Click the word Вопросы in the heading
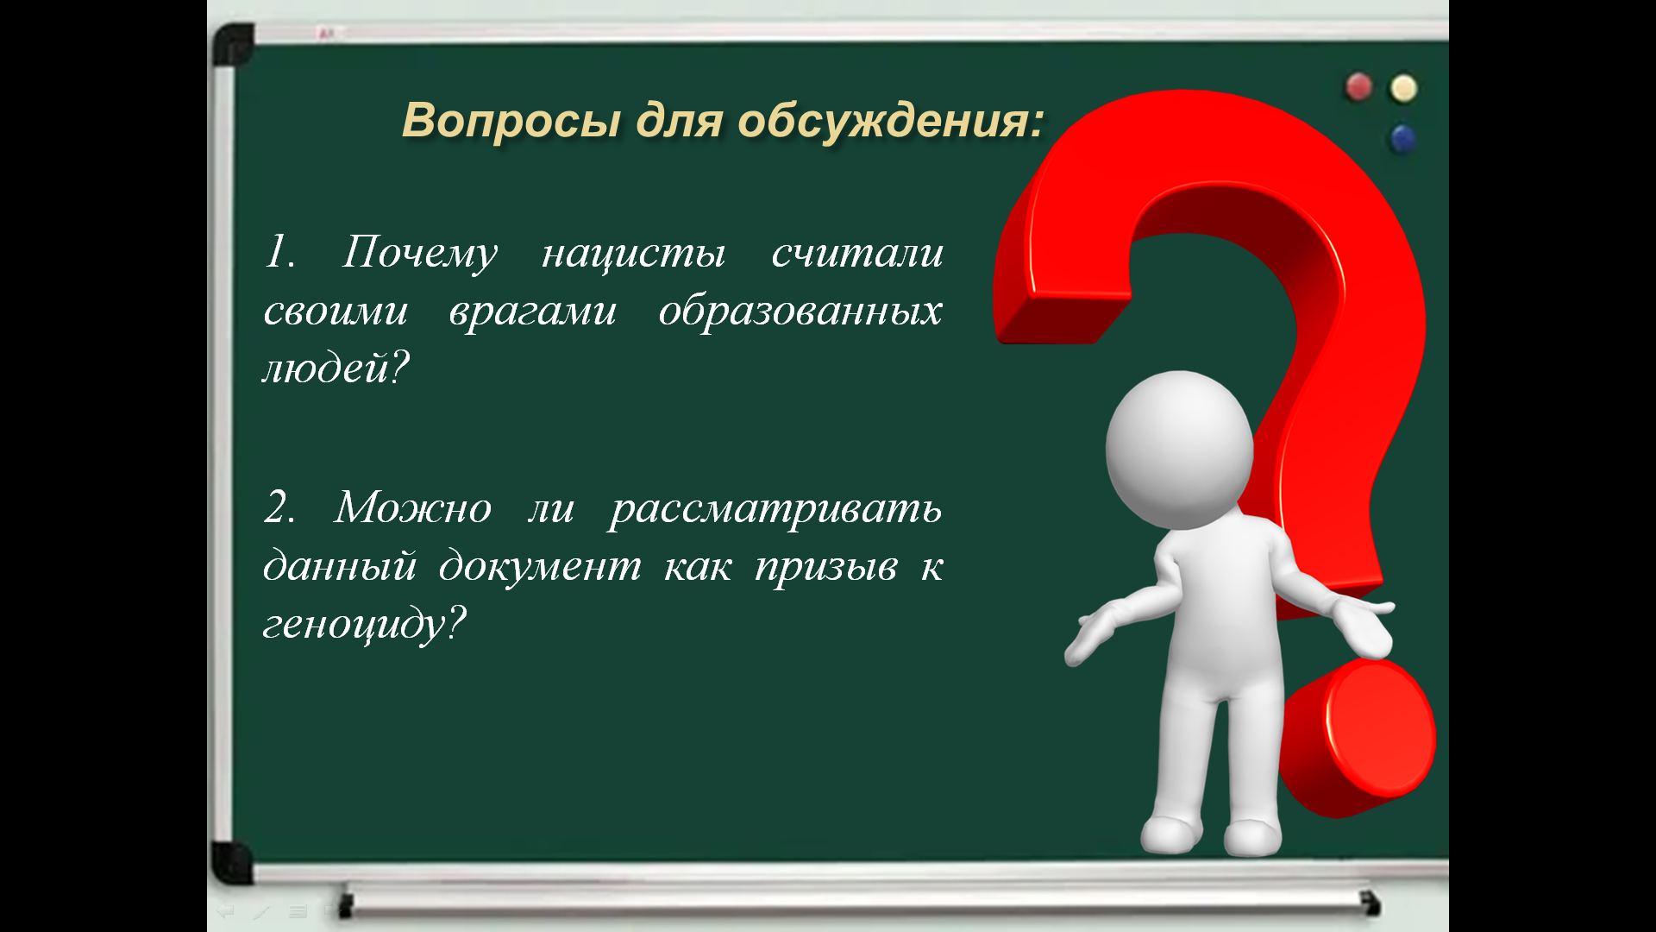click(x=511, y=120)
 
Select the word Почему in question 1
click(x=419, y=254)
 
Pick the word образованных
click(x=800, y=311)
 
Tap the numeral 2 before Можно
click(x=277, y=507)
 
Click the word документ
click(x=540, y=566)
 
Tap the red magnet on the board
click(x=1359, y=87)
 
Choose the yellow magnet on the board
click(x=1403, y=88)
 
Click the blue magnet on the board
click(x=1403, y=138)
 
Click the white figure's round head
click(x=1179, y=450)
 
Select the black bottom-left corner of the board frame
click(x=231, y=862)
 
